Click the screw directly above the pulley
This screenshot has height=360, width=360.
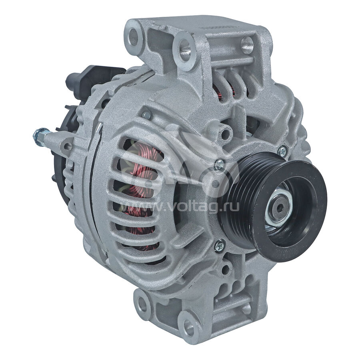(x=219, y=164)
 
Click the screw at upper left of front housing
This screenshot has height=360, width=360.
(x=146, y=114)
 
